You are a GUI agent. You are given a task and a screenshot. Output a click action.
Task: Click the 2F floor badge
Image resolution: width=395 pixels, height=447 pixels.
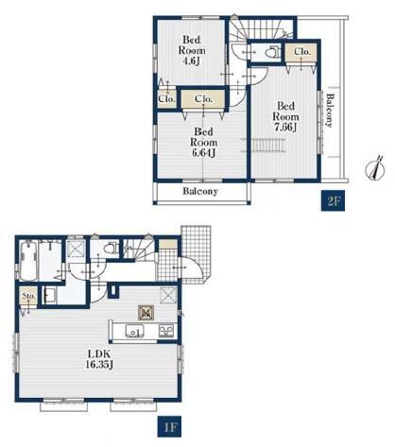[333, 200]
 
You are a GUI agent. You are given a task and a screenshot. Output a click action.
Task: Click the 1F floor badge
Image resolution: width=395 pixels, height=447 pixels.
[169, 427]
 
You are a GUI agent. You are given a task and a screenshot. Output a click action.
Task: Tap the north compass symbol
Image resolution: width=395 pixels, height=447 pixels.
[375, 170]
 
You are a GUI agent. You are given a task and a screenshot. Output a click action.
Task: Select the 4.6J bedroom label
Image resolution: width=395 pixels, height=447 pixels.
[192, 50]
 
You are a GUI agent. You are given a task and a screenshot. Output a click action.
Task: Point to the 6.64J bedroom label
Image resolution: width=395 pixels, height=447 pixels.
[203, 142]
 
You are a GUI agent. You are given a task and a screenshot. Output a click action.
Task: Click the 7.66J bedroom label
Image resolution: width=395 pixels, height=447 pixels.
[285, 116]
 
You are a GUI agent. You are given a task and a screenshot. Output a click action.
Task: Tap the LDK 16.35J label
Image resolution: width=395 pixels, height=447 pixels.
[99, 359]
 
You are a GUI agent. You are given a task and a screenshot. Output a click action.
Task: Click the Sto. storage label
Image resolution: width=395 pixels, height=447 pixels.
[28, 296]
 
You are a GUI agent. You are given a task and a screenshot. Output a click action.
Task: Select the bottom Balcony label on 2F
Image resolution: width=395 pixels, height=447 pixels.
[200, 191]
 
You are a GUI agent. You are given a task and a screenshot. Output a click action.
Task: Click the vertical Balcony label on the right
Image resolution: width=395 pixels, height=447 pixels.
[329, 111]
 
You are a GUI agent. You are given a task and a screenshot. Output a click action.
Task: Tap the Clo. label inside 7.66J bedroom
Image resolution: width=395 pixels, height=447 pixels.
[302, 51]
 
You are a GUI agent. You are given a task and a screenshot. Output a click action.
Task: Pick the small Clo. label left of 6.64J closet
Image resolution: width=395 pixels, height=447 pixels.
[166, 99]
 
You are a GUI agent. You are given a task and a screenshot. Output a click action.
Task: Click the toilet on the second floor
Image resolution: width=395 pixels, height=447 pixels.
[273, 52]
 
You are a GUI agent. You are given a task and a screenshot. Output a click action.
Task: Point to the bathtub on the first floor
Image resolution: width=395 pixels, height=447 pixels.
[28, 260]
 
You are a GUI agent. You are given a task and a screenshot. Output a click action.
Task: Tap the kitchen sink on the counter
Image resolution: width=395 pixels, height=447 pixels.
[134, 331]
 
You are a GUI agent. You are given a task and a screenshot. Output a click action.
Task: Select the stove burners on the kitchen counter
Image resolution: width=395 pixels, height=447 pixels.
[166, 331]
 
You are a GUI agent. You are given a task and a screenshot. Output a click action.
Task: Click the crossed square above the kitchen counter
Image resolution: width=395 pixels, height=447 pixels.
[146, 313]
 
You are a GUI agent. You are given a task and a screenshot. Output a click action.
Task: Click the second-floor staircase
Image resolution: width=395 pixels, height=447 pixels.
[261, 29]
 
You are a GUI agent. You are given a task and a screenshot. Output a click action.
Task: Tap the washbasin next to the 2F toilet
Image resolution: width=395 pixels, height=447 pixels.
[239, 52]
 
